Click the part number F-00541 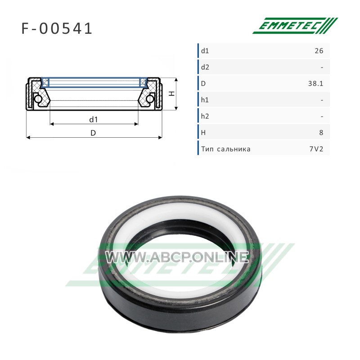click(57, 29)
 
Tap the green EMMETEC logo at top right click(295, 26)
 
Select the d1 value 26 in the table click(319, 51)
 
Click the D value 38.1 click(316, 84)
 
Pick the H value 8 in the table click(321, 133)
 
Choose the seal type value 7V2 click(316, 149)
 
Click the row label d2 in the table click(205, 67)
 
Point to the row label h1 click(205, 100)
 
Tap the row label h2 click(205, 117)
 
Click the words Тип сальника click(226, 149)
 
